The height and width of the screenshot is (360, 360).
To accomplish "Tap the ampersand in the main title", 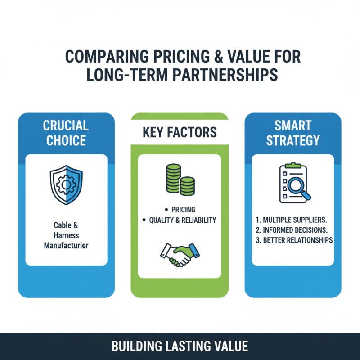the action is point(219,57).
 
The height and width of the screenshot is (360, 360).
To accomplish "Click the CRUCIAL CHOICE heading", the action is point(66,133).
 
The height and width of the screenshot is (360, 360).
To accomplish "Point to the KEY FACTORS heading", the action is point(180,132).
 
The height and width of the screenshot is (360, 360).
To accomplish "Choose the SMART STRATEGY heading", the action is point(293,133).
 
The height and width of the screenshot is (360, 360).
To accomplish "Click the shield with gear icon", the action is point(66,185).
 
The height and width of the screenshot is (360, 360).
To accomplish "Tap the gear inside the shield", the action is point(66,184).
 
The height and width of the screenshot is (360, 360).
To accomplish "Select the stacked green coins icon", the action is point(180,180).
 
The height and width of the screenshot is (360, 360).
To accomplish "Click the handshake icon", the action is point(180,255).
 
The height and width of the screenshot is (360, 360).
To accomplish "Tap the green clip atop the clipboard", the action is point(293,165).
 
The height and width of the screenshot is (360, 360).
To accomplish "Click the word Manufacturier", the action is point(66,246).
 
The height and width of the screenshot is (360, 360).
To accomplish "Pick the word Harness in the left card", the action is point(66,235).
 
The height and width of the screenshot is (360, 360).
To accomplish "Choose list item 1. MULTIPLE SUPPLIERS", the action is point(291,220).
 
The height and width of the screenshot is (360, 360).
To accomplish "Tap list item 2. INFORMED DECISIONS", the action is point(292,230).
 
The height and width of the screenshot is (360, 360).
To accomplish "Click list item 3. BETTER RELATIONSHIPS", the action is point(294,240).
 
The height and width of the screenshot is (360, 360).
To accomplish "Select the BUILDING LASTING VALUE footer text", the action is point(180,346).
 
